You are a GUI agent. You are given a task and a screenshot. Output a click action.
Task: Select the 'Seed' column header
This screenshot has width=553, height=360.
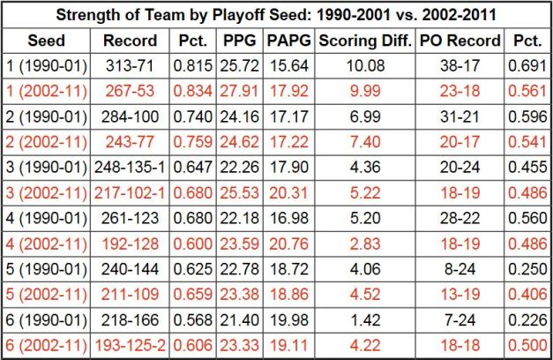pos(46,41)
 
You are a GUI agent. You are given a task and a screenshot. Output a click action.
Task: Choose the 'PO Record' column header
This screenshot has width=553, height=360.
pos(459,41)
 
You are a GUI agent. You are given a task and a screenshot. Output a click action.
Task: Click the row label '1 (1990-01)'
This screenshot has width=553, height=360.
pos(46,66)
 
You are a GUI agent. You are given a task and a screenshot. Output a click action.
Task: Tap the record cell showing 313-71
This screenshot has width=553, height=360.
pos(131,66)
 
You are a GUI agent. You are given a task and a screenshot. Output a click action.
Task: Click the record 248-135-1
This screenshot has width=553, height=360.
pos(131,168)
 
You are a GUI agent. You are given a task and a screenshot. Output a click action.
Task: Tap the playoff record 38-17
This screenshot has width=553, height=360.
pos(459,66)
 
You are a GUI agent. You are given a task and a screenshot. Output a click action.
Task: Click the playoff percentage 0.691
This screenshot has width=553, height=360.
pos(527,66)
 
